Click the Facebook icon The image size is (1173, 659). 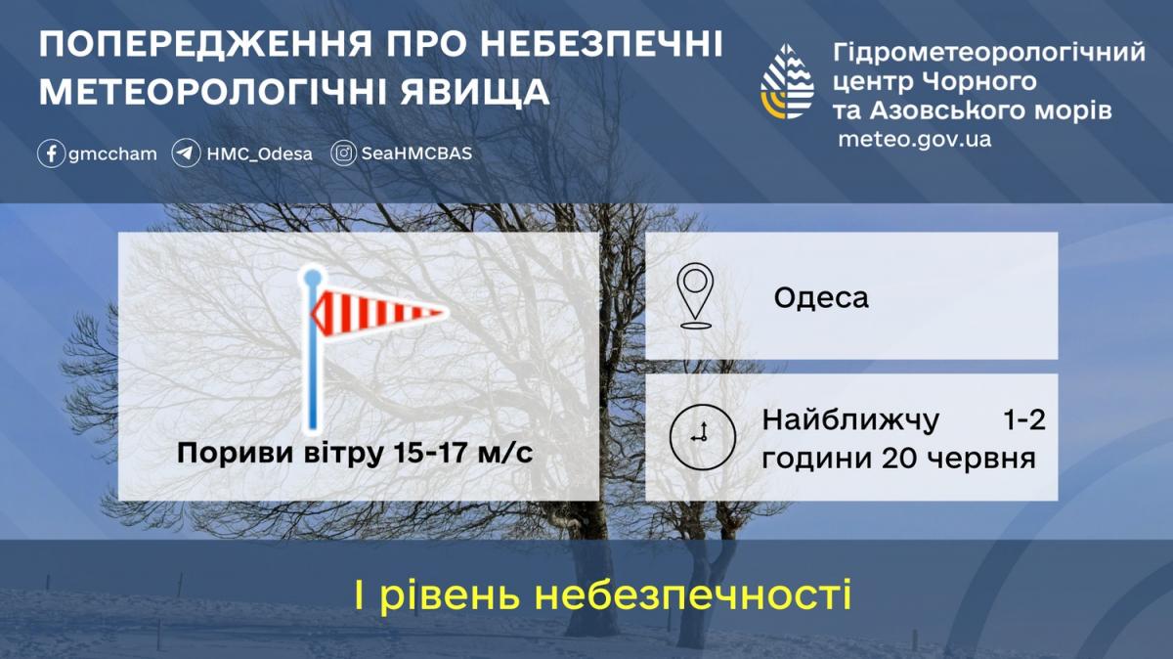(x=51, y=154)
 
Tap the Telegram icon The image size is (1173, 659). (x=186, y=154)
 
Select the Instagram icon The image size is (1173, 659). (x=343, y=154)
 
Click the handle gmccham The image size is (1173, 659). (x=112, y=154)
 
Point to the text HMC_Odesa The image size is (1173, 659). (x=260, y=154)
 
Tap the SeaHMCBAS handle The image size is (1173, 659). (x=416, y=154)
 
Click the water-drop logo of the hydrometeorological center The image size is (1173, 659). (x=788, y=81)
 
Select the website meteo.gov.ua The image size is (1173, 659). (x=915, y=140)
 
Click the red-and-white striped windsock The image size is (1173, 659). (x=379, y=313)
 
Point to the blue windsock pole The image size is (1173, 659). (x=313, y=350)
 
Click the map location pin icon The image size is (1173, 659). (x=695, y=295)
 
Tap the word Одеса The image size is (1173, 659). (x=821, y=298)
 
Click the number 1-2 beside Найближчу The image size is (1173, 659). (x=1024, y=420)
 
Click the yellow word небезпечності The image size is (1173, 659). (x=693, y=594)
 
